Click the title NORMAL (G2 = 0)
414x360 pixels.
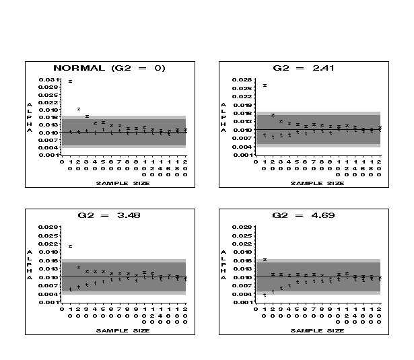(x=109, y=68)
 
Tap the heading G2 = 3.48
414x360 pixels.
(x=109, y=215)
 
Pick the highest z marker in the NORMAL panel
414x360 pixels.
(x=70, y=81)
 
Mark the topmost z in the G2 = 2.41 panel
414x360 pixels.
(x=265, y=85)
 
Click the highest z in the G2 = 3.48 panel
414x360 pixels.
(x=70, y=246)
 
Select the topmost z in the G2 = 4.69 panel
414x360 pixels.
(x=265, y=259)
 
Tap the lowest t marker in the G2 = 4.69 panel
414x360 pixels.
(x=265, y=295)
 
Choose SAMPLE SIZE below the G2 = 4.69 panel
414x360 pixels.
(x=317, y=330)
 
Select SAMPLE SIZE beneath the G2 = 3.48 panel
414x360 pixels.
(x=123, y=330)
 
